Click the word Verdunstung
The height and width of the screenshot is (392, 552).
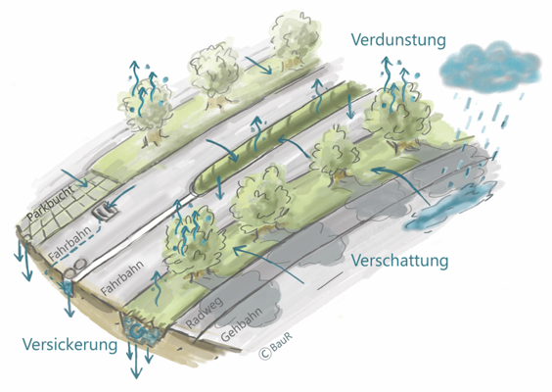398,40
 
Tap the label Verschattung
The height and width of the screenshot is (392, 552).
400,262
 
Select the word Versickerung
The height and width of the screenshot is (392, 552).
69,344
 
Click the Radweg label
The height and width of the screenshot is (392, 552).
204,313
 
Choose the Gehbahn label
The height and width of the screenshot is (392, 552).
242,324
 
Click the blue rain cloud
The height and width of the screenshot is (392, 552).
490,67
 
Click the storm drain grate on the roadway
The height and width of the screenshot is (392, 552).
105,211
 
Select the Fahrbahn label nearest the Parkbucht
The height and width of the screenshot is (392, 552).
70,242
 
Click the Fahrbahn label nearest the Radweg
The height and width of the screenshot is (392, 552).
122,277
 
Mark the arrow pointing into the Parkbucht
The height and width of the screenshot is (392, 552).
74,178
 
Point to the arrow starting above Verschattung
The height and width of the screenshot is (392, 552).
268,265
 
